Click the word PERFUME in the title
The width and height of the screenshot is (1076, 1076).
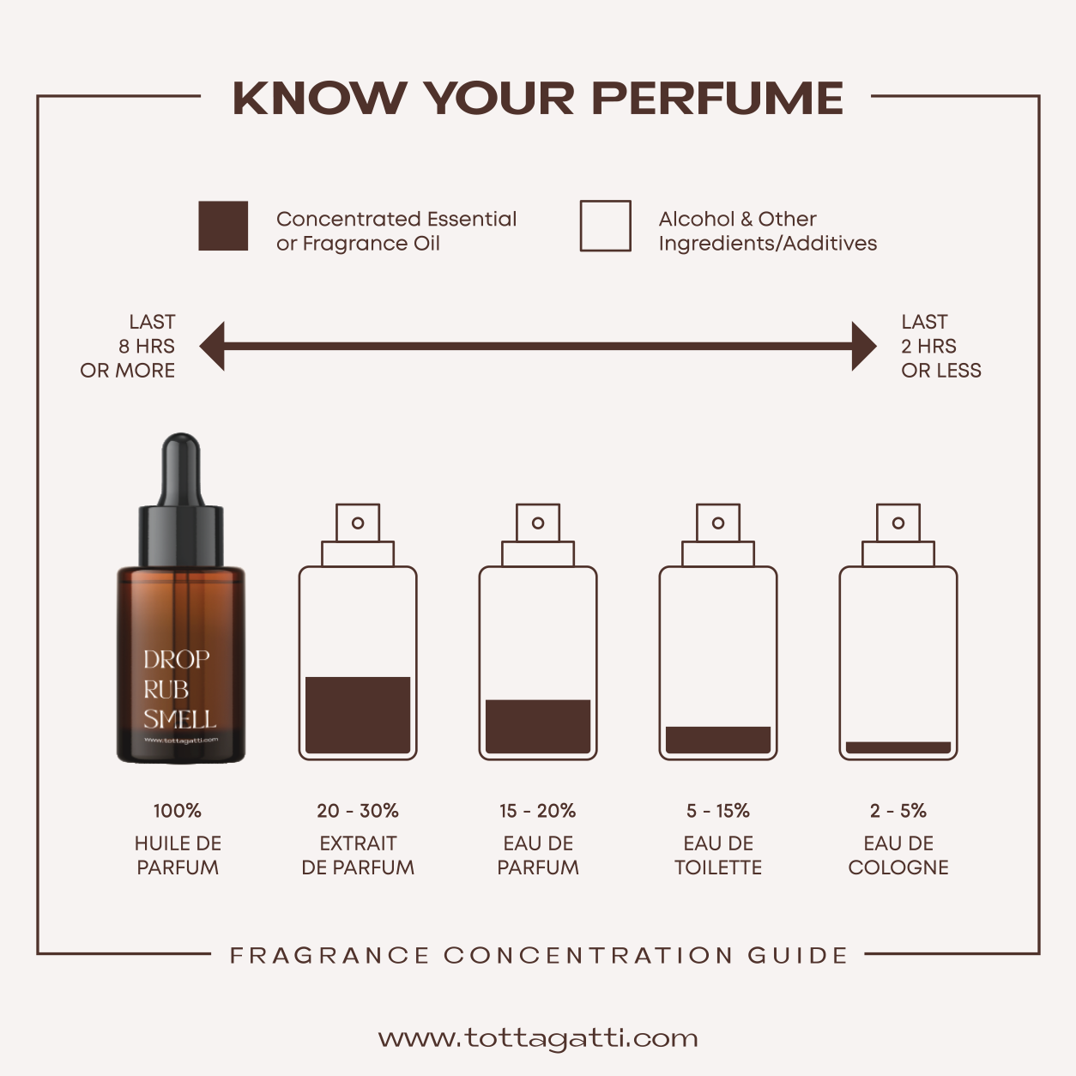717,99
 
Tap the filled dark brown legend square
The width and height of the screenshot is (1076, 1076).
223,226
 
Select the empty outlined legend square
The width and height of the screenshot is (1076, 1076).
605,226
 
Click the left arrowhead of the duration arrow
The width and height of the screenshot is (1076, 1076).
212,346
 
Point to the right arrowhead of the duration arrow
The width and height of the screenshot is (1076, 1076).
864,346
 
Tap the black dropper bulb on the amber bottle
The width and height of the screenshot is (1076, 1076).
181,469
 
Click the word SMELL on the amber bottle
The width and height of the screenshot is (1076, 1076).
179,719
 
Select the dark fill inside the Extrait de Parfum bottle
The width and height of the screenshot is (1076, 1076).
358,715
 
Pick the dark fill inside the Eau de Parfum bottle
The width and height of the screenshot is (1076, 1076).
538,727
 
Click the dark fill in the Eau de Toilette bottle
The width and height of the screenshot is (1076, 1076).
718,740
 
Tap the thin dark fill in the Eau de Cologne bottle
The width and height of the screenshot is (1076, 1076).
898,747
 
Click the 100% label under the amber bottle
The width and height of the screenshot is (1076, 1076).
178,811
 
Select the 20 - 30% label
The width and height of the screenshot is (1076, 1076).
358,811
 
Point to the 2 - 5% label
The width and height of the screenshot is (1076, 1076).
898,811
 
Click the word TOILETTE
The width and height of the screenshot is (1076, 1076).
718,867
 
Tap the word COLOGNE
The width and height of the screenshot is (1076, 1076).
898,867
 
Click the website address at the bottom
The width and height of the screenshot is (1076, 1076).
538,1038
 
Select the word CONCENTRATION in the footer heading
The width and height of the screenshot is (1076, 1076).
588,955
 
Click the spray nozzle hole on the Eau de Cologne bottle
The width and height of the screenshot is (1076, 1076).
898,523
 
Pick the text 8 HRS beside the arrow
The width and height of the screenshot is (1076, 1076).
146,346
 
